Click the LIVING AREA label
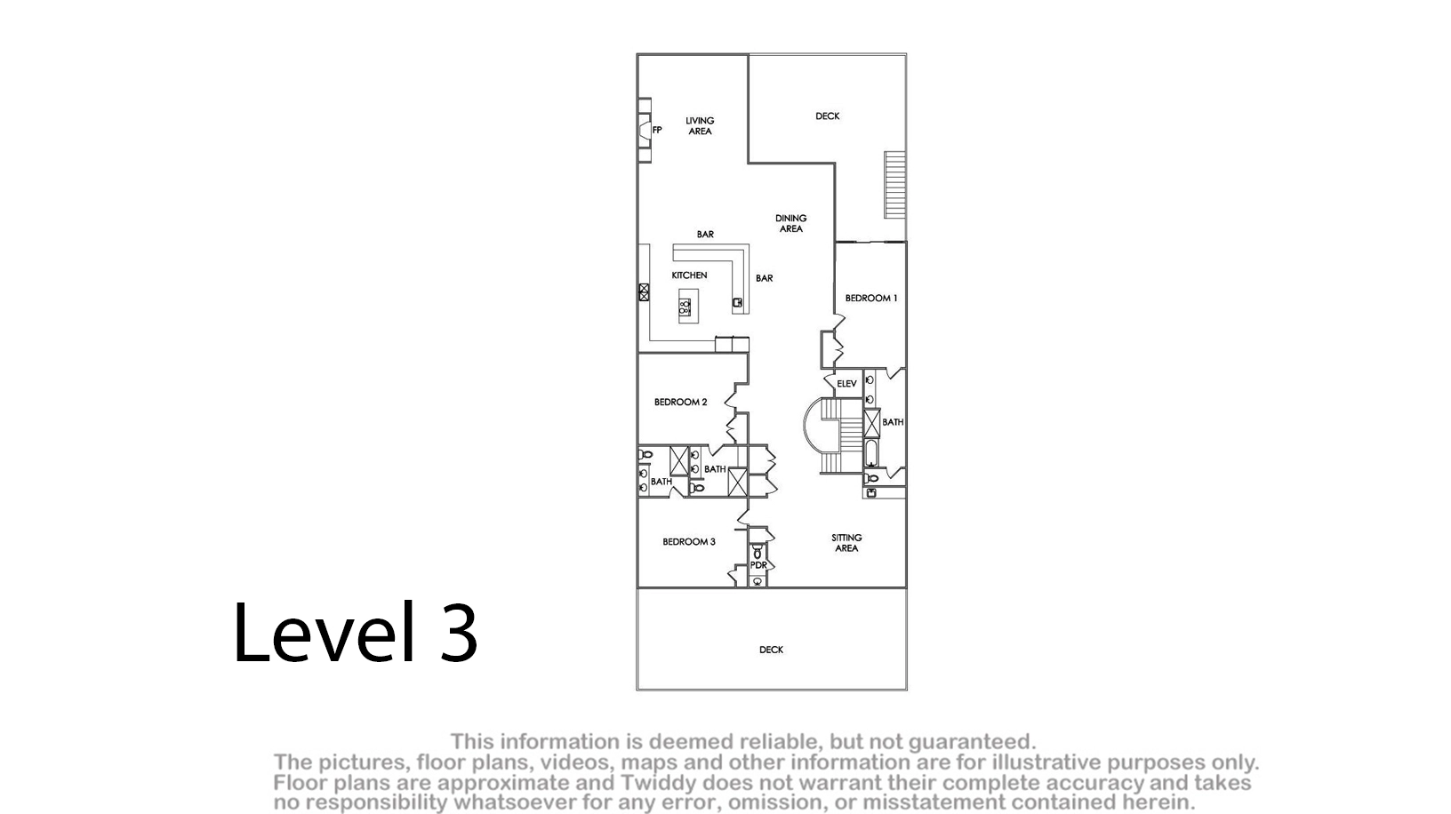tap(700, 125)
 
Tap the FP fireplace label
tap(657, 130)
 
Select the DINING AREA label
tap(791, 223)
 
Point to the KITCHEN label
tap(689, 275)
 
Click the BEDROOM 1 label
tap(871, 298)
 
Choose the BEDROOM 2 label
tap(681, 403)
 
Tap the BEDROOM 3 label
tap(688, 542)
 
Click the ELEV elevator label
tap(846, 384)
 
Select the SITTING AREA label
tap(846, 543)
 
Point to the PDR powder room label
tap(758, 565)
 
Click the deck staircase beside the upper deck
tap(895, 185)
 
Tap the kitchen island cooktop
tap(685, 307)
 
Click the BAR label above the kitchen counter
tap(705, 235)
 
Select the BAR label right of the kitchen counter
tap(765, 278)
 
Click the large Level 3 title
tap(355, 632)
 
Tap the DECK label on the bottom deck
tap(771, 650)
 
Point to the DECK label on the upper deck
tap(827, 116)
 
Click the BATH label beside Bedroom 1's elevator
tap(893, 422)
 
